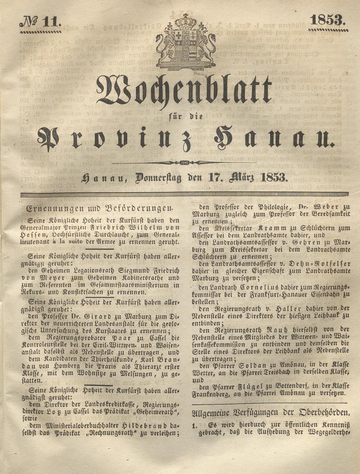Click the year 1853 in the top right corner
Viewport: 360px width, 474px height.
327,20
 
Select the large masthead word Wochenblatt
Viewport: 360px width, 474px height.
184,90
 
